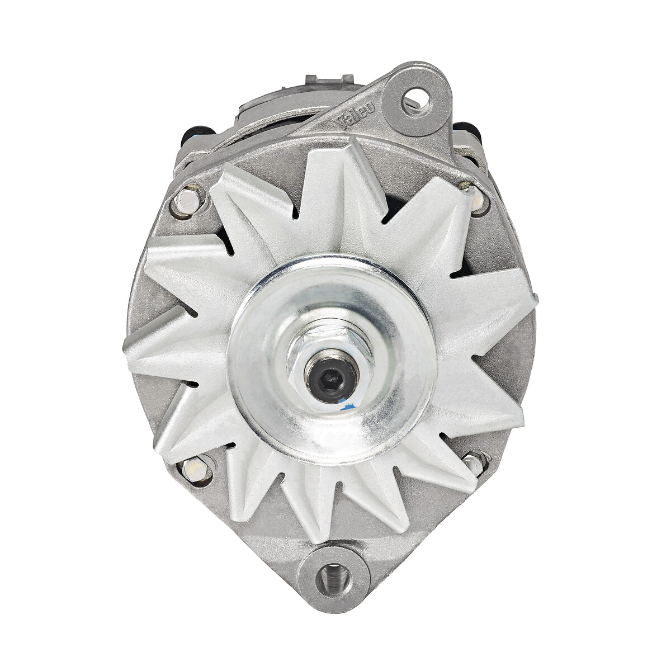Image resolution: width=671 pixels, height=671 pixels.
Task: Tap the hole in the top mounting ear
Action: click(417, 98)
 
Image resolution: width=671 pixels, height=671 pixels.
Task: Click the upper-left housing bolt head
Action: click(188, 202)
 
